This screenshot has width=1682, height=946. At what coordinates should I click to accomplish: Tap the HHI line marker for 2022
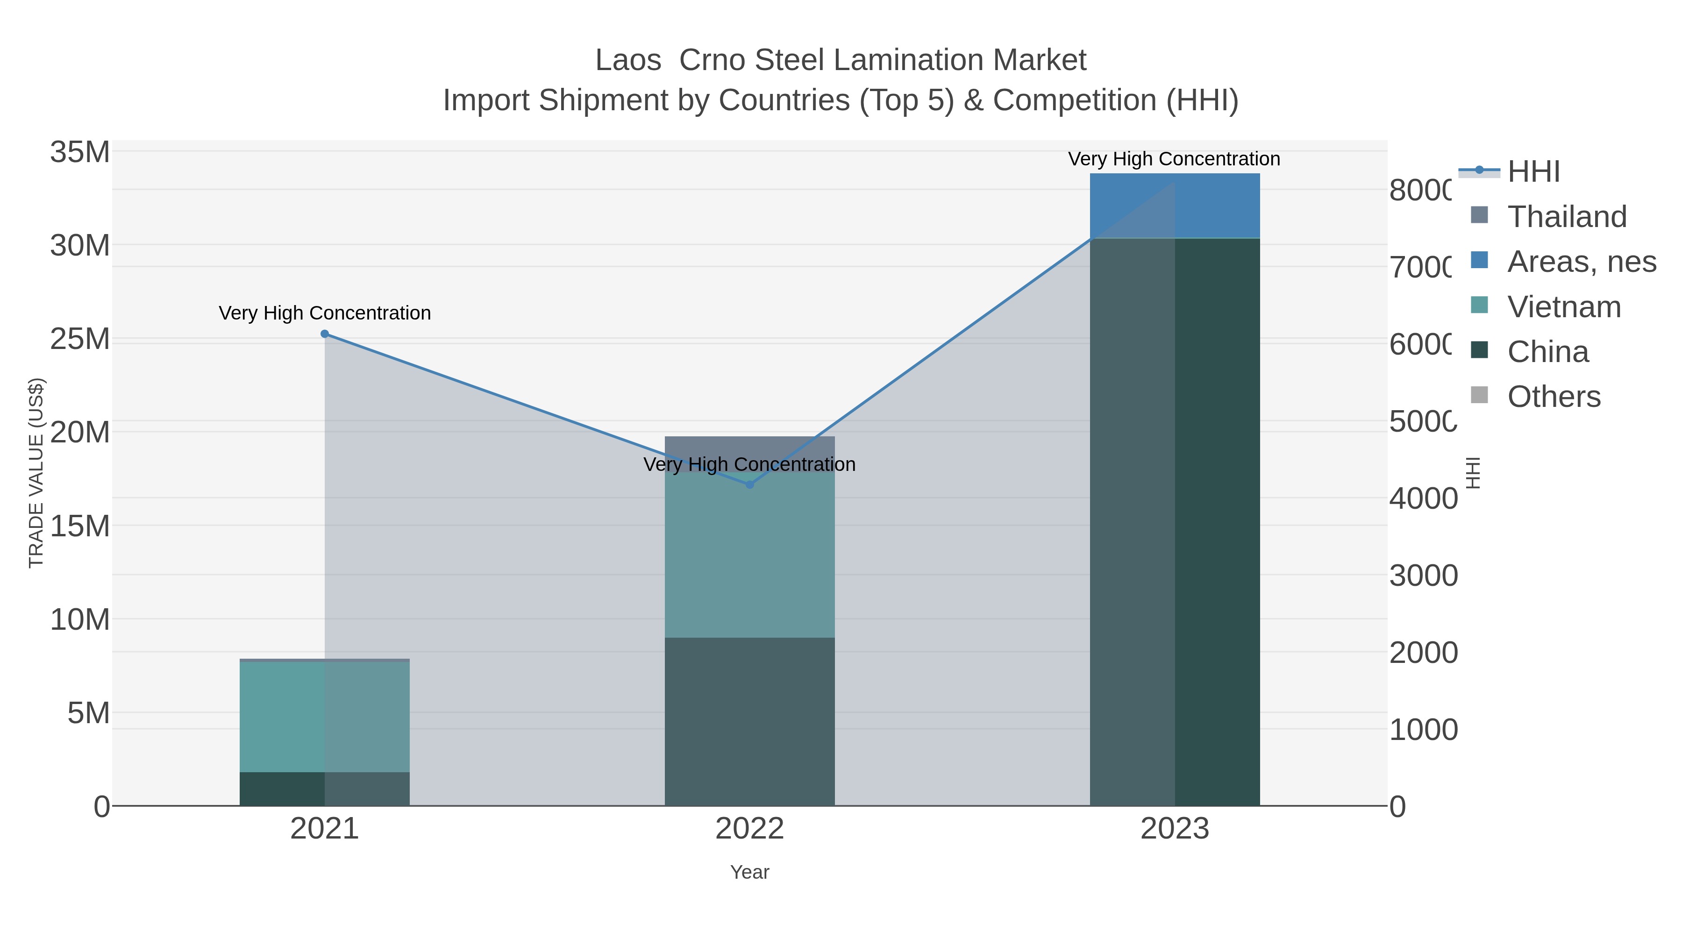click(x=749, y=484)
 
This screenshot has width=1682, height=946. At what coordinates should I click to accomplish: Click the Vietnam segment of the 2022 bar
click(x=749, y=562)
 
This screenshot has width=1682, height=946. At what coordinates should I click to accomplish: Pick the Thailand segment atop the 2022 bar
click(x=749, y=447)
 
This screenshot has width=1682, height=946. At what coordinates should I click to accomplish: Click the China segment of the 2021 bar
click(x=325, y=789)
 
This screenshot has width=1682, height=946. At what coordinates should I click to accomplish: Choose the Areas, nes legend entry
click(x=1581, y=261)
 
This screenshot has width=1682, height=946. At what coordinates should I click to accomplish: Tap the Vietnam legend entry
click(x=1564, y=307)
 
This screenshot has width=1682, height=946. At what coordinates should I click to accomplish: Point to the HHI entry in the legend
click(x=1532, y=172)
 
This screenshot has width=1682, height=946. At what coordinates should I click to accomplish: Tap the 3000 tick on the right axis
click(x=1422, y=576)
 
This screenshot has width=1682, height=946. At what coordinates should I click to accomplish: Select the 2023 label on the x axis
click(x=1175, y=829)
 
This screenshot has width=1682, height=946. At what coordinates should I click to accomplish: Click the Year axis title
click(x=749, y=872)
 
